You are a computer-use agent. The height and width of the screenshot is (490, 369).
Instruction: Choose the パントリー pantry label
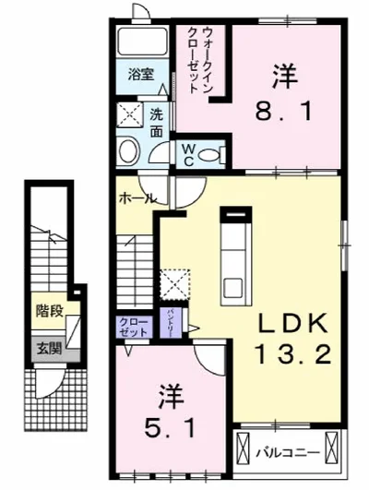(173, 325)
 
